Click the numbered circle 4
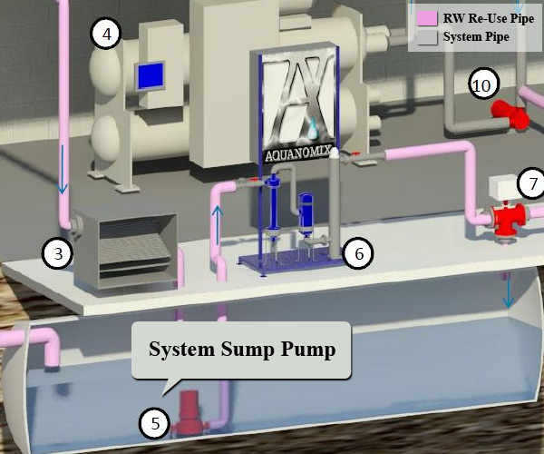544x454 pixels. [107, 35]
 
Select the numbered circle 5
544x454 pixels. [155, 422]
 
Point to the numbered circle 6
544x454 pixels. [359, 253]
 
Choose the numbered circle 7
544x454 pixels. [532, 184]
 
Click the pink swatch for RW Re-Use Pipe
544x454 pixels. [426, 18]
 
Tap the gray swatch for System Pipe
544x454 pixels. [426, 37]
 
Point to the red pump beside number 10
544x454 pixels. [510, 115]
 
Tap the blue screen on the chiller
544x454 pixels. [151, 76]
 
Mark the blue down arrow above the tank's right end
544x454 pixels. [509, 292]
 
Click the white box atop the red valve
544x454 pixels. [505, 186]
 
